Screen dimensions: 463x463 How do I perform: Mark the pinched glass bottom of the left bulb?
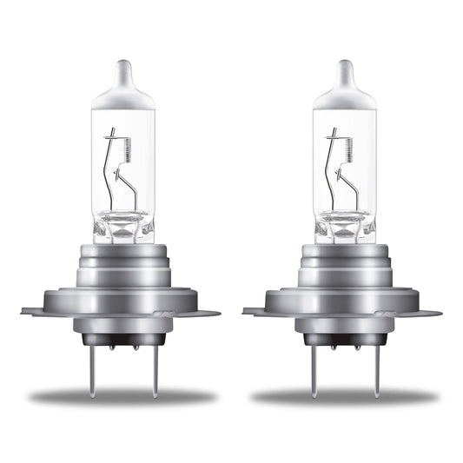click(123, 228)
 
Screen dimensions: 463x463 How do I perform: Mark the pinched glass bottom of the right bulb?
click(345, 228)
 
